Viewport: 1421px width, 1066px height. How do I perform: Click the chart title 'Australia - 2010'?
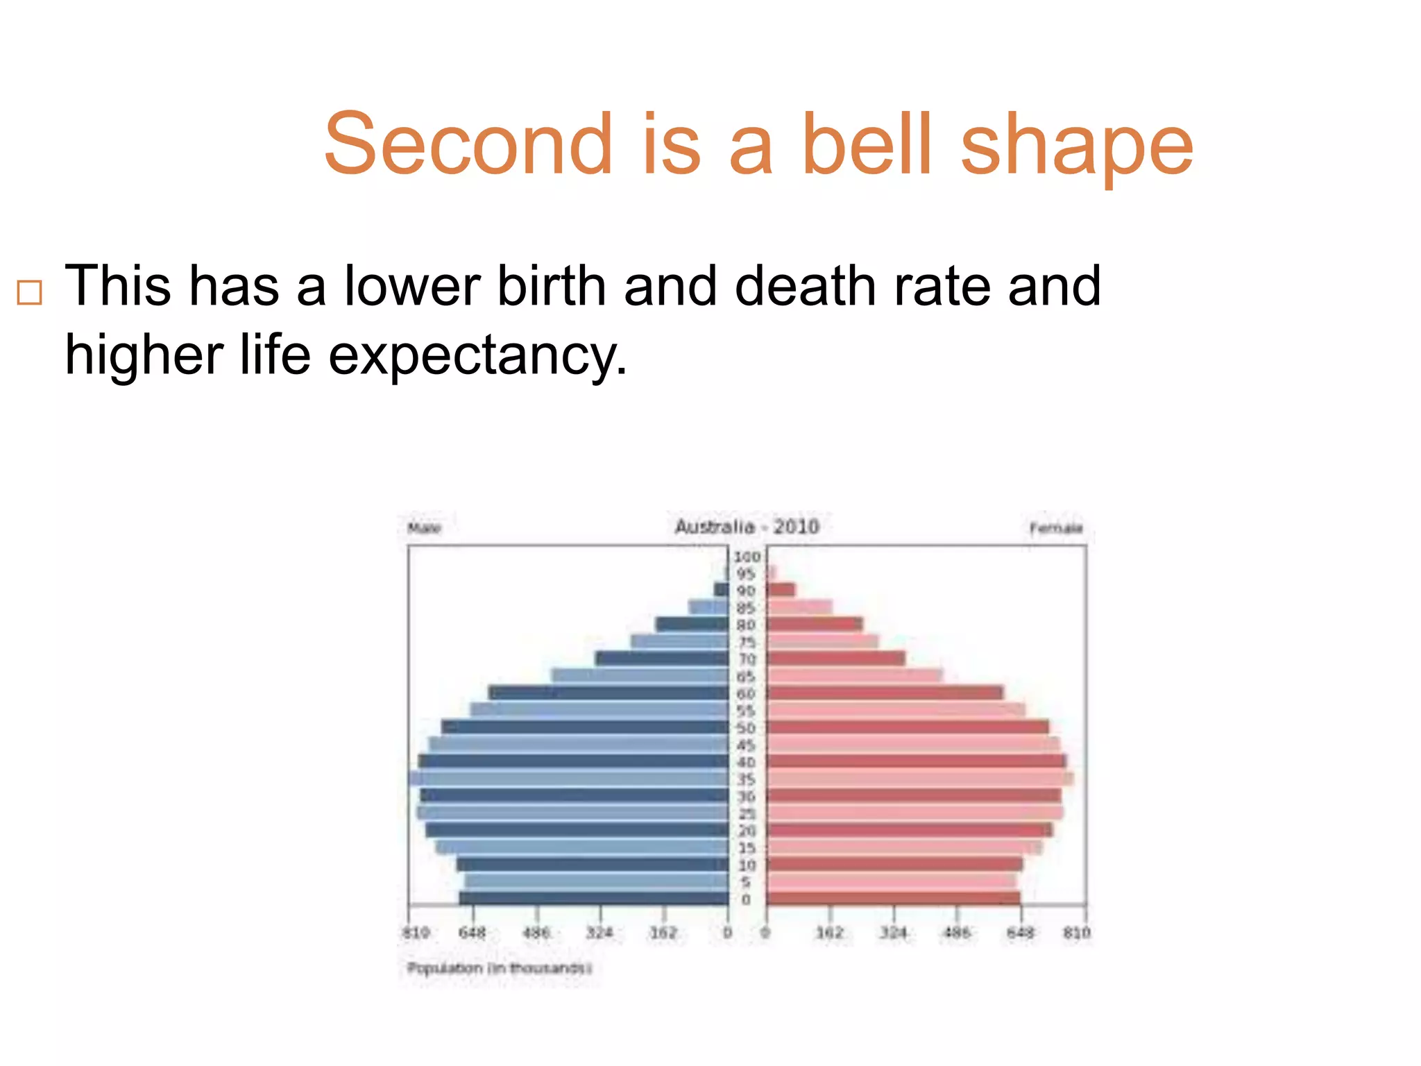coord(747,527)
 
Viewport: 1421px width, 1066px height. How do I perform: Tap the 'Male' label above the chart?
coord(424,528)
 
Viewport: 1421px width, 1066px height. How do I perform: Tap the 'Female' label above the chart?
coord(1056,528)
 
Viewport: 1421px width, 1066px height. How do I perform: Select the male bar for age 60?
coord(609,693)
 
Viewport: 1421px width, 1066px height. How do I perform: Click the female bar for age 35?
coord(919,779)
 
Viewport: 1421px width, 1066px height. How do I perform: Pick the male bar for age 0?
coord(594,899)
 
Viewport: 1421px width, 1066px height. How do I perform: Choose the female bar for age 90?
coord(781,590)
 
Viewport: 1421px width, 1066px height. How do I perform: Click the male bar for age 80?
coord(692,624)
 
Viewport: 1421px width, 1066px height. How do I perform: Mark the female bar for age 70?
coord(835,658)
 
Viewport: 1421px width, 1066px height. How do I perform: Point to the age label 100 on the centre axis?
coord(747,557)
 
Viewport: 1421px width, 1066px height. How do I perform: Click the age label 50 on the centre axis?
coord(746,728)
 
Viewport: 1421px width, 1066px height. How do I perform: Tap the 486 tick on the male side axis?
coord(536,933)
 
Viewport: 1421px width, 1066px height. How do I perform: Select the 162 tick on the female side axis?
coord(830,933)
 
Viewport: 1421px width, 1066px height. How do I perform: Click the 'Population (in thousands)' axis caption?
coord(499,967)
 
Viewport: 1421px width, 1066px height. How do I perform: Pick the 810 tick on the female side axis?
coord(1077,933)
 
